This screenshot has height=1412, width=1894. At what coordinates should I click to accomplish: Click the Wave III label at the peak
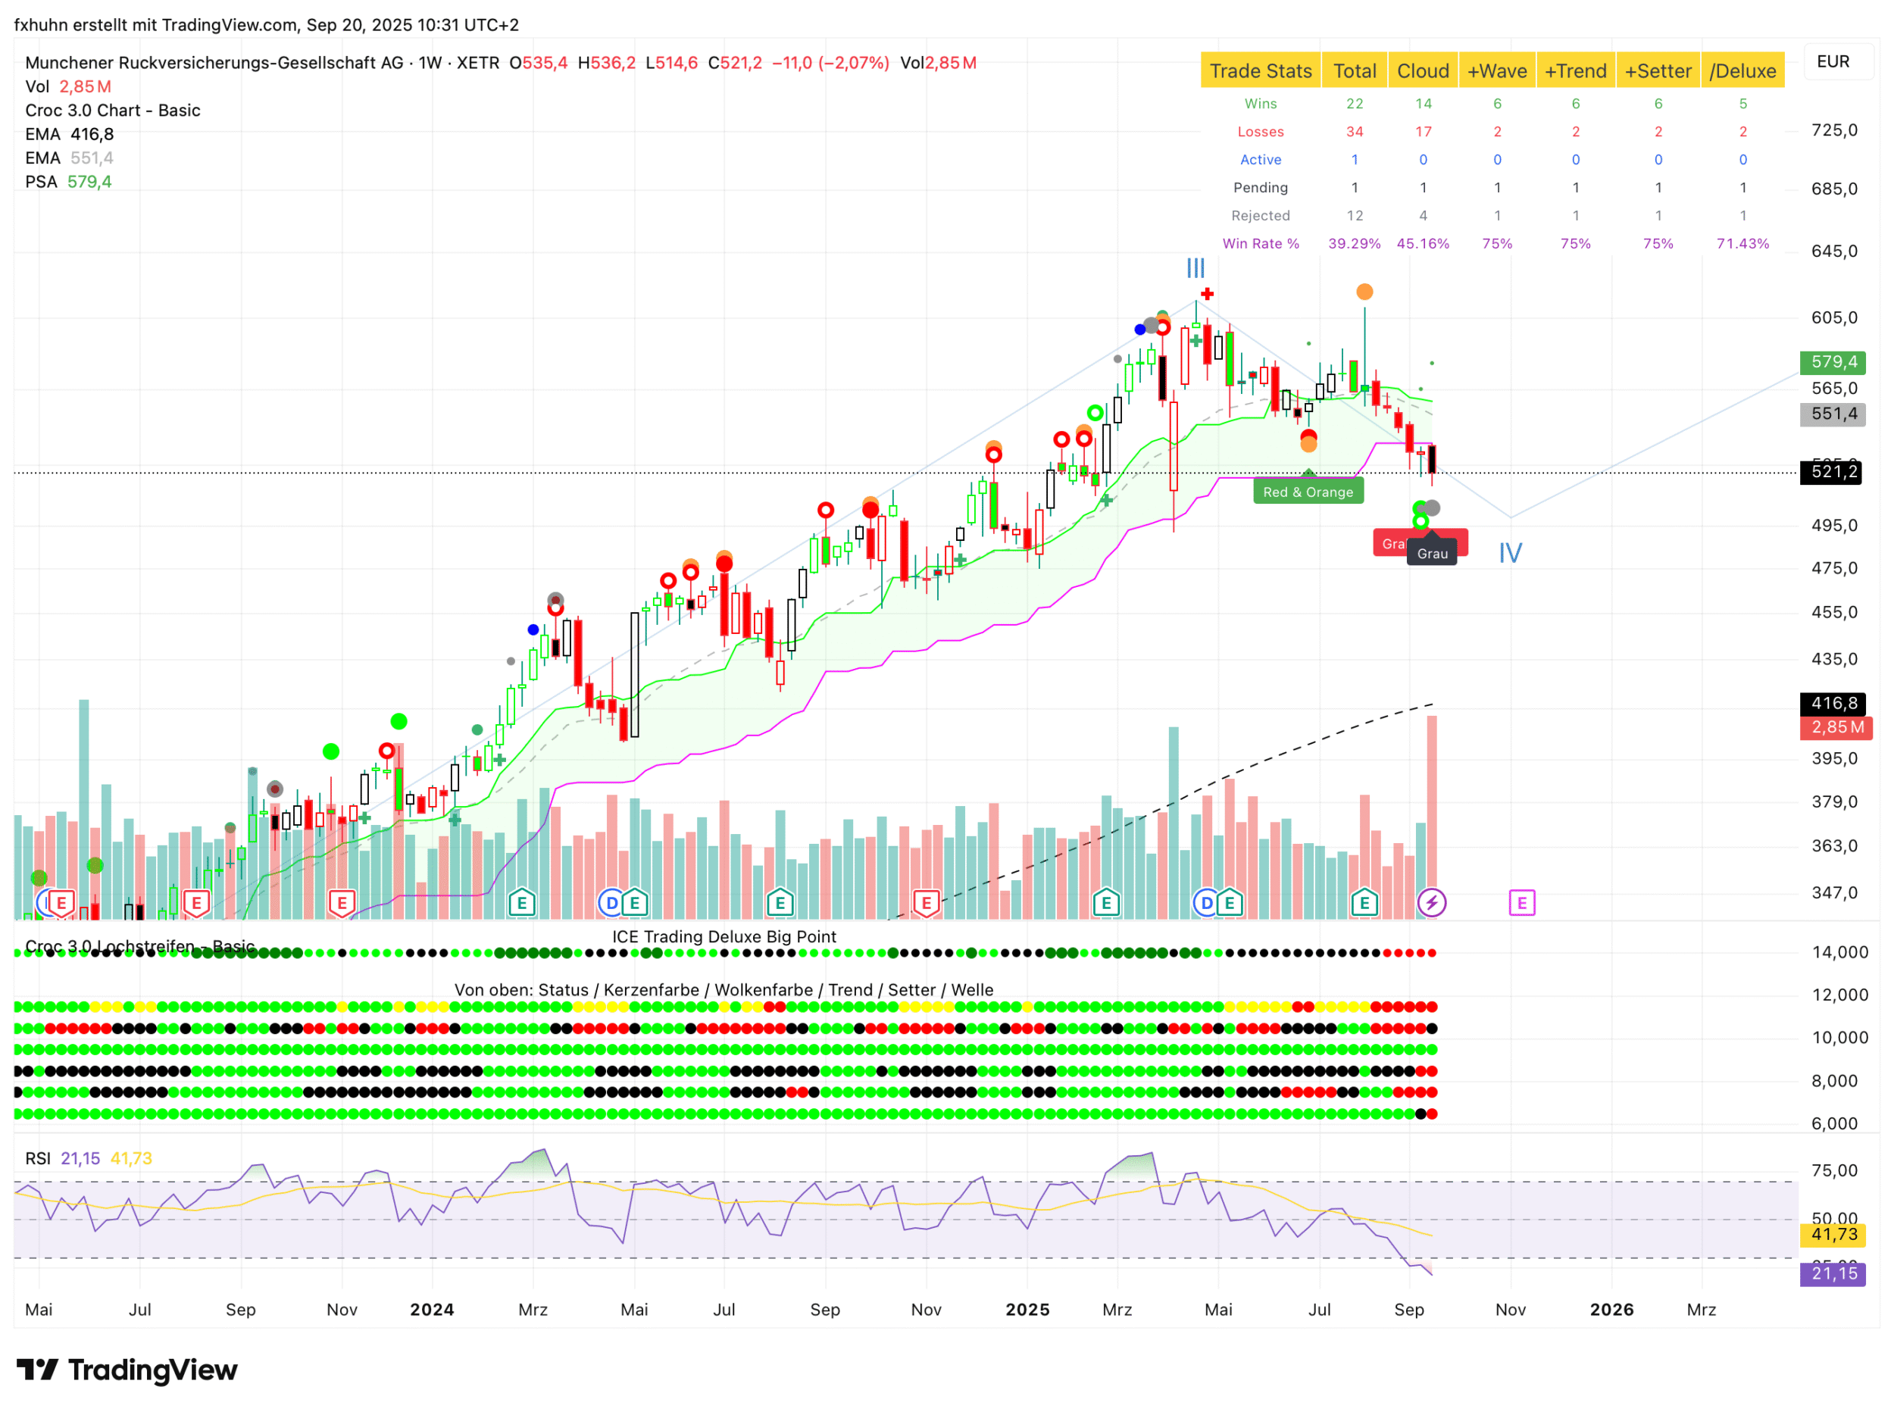pyautogui.click(x=1195, y=268)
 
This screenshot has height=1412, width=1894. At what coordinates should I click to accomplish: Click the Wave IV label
pyautogui.click(x=1509, y=553)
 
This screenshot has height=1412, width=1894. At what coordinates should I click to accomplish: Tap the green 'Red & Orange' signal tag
pyautogui.click(x=1308, y=492)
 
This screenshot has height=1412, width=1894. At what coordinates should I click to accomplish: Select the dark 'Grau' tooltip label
pyautogui.click(x=1432, y=554)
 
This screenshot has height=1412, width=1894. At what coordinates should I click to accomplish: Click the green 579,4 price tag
pyautogui.click(x=1832, y=362)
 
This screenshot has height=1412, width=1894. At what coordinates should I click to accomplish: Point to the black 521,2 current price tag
pyautogui.click(x=1832, y=472)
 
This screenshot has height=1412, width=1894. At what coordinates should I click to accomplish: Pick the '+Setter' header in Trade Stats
pyautogui.click(x=1658, y=71)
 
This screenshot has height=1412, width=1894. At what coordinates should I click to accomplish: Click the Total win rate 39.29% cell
pyautogui.click(x=1354, y=244)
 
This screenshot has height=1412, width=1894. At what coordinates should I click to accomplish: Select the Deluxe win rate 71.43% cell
pyautogui.click(x=1742, y=244)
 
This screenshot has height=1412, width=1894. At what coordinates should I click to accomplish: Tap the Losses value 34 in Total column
pyautogui.click(x=1354, y=132)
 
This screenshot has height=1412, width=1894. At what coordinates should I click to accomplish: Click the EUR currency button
pyautogui.click(x=1833, y=61)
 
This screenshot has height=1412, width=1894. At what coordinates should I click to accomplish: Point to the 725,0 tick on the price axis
pyautogui.click(x=1833, y=130)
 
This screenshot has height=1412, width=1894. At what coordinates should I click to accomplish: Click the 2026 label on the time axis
pyautogui.click(x=1611, y=1310)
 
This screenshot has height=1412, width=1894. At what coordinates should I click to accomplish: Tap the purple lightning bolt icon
pyautogui.click(x=1432, y=903)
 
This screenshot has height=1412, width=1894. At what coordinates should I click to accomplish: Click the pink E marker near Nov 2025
pyautogui.click(x=1521, y=903)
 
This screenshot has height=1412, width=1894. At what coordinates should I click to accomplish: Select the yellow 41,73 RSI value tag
pyautogui.click(x=1833, y=1235)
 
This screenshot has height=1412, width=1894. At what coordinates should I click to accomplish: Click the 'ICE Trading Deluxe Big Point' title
pyautogui.click(x=724, y=937)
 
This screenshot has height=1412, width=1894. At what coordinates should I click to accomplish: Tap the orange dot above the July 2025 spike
pyautogui.click(x=1365, y=292)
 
